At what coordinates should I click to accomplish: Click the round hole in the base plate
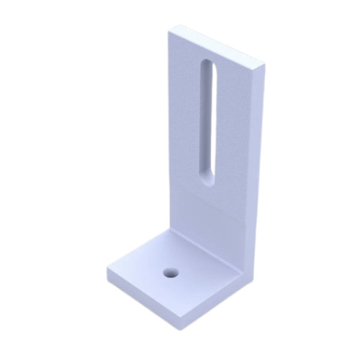pyautogui.click(x=171, y=273)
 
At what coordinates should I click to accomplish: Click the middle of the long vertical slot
pyautogui.click(x=207, y=122)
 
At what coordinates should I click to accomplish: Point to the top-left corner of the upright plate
pyautogui.click(x=169, y=31)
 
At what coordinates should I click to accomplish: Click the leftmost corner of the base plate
pyautogui.click(x=108, y=272)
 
